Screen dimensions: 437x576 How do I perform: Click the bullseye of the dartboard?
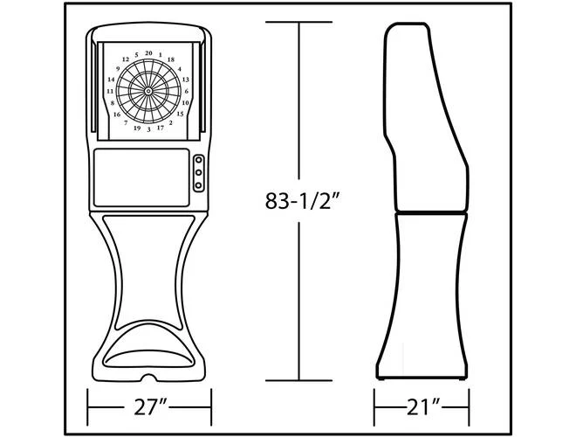(x=148, y=90)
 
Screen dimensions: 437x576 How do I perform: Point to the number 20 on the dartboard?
(x=148, y=52)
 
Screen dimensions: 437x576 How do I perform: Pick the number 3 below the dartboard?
(x=148, y=129)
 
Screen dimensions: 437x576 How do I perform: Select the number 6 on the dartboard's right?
(x=187, y=91)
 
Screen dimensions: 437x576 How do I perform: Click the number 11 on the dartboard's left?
(x=110, y=91)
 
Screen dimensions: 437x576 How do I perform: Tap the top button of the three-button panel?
(x=198, y=162)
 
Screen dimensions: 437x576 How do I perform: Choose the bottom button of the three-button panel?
(x=198, y=185)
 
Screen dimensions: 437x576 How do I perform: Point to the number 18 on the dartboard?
(x=170, y=59)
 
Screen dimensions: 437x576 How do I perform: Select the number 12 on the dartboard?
(x=127, y=59)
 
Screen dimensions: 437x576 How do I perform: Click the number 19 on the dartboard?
(x=137, y=128)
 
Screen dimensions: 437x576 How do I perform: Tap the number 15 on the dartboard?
(x=180, y=114)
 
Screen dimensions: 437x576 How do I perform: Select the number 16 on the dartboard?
(x=117, y=114)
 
